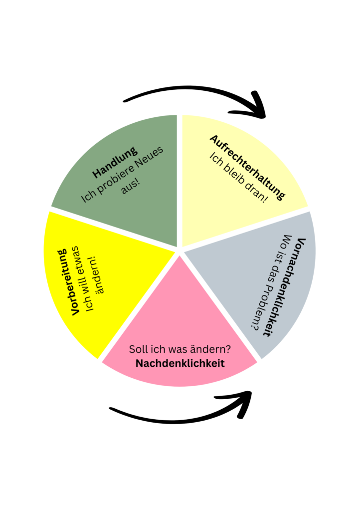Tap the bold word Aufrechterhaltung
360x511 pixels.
(247, 167)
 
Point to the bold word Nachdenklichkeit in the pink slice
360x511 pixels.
(180, 363)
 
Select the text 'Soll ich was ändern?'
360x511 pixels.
(180, 349)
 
